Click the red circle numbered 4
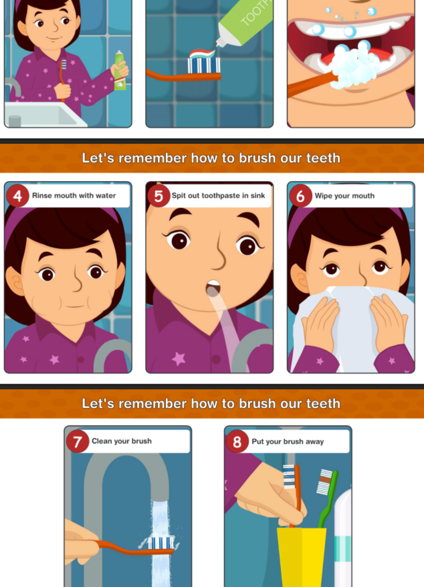click(x=17, y=196)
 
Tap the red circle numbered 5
click(x=159, y=196)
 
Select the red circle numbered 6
click(x=301, y=196)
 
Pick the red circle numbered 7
click(x=78, y=441)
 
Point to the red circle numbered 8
click(x=237, y=441)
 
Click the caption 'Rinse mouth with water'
click(x=74, y=195)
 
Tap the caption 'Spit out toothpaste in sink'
click(x=218, y=195)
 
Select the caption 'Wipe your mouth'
click(x=345, y=196)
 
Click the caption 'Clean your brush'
click(x=122, y=441)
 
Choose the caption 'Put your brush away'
click(x=287, y=442)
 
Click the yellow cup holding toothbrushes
click(x=301, y=557)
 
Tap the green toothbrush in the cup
click(x=327, y=498)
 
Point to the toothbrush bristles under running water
click(x=160, y=543)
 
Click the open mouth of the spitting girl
click(x=213, y=288)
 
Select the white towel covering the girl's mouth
click(x=353, y=328)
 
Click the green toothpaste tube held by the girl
click(x=120, y=71)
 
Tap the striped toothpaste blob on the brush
click(x=202, y=53)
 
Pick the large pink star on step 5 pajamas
click(x=179, y=359)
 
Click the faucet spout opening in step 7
click(x=160, y=499)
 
